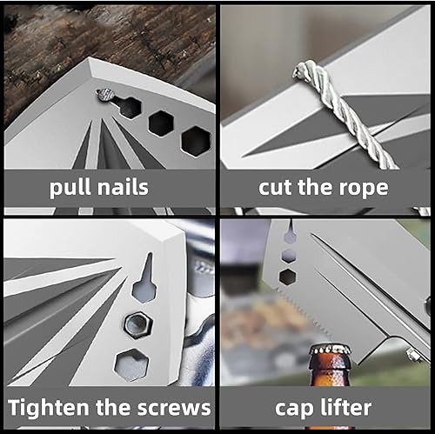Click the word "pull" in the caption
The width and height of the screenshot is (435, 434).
click(75, 188)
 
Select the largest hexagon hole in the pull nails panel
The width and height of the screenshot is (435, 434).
click(195, 139)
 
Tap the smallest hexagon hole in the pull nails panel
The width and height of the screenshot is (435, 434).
click(130, 107)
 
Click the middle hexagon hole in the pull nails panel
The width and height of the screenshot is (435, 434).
click(161, 123)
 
